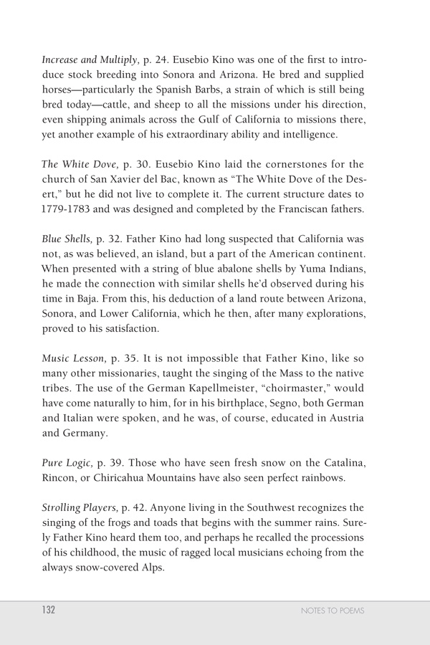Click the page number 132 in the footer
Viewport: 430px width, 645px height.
pos(49,611)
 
